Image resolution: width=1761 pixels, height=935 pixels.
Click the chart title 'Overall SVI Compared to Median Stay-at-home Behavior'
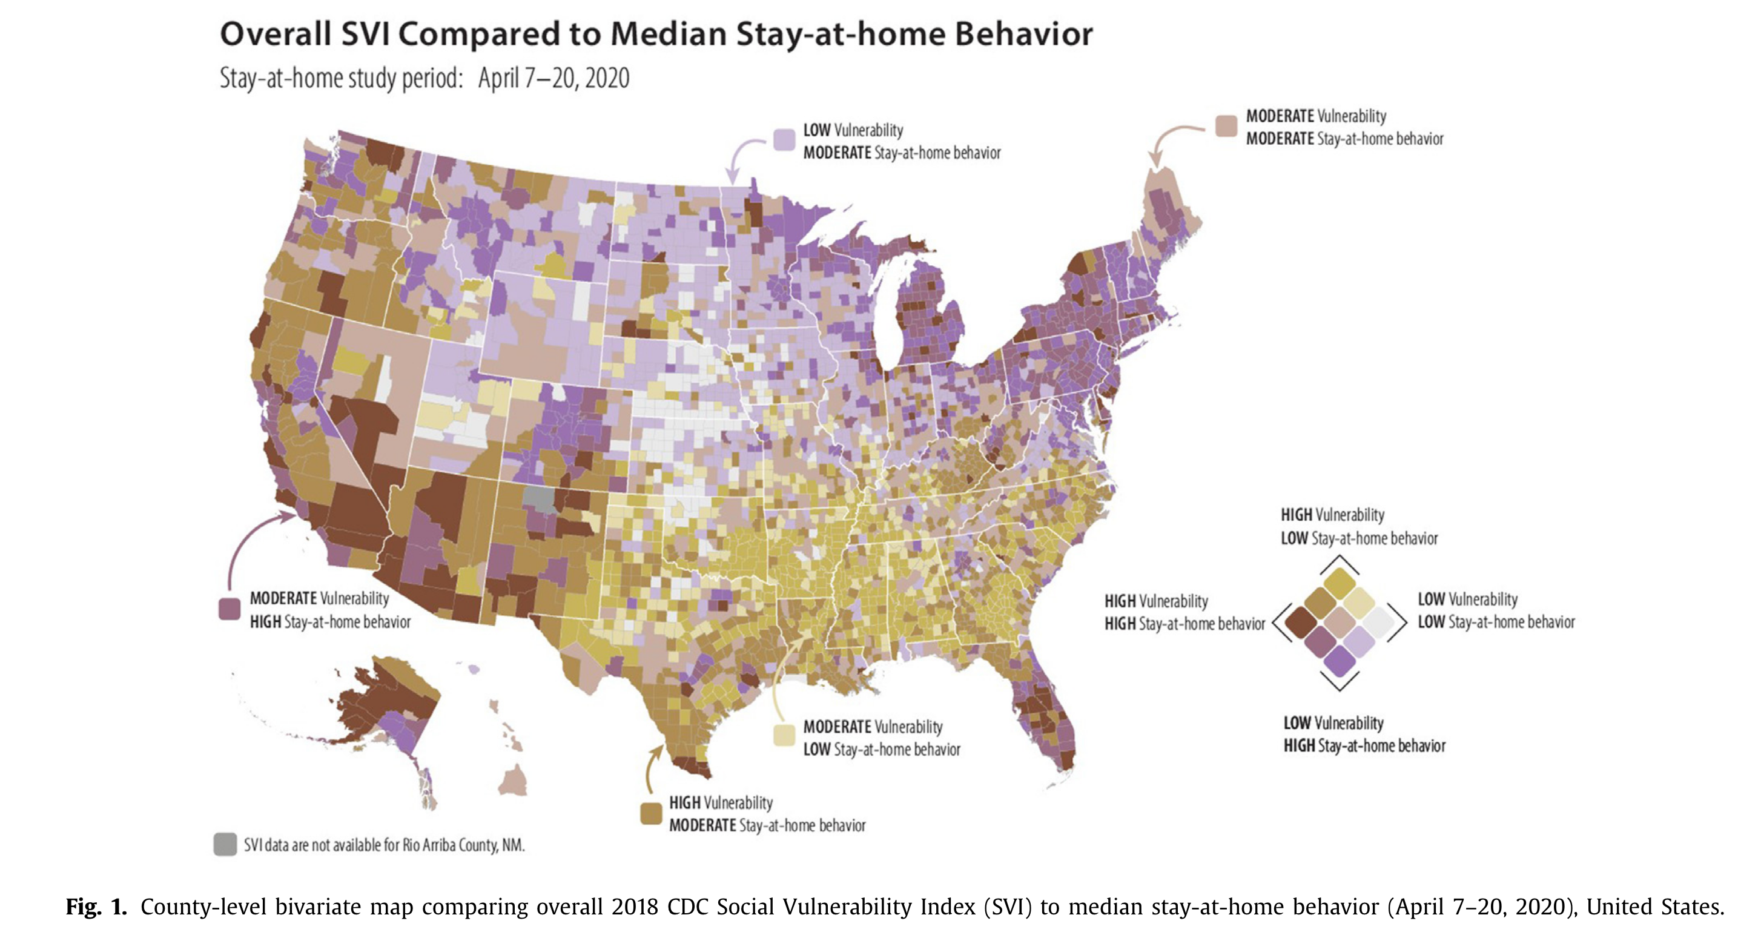click(656, 34)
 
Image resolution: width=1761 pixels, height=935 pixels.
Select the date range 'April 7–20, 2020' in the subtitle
click(553, 79)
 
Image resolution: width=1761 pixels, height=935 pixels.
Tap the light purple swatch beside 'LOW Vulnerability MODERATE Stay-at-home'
click(784, 139)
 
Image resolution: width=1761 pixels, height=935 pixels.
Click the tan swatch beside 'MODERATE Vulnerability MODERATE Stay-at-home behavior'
click(1226, 127)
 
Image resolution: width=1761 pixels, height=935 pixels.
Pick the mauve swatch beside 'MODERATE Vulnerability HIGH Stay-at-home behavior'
click(229, 609)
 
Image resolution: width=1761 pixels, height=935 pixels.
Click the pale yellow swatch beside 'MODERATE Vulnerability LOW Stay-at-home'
click(784, 735)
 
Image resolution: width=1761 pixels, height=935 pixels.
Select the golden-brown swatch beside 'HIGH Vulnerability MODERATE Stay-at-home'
click(651, 813)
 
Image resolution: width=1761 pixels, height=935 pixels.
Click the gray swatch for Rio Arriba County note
click(225, 845)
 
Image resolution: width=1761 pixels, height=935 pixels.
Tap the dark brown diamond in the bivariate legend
click(1300, 622)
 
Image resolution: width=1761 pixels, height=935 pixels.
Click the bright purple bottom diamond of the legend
click(1339, 660)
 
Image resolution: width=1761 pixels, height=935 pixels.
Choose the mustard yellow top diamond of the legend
click(1339, 583)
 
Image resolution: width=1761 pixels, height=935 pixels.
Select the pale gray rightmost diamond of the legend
click(1378, 622)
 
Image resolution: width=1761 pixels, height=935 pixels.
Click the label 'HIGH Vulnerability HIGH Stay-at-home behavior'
click(1184, 612)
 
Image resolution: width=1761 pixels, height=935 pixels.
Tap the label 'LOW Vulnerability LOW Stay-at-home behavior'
click(1496, 610)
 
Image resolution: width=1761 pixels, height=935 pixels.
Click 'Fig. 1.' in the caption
click(96, 907)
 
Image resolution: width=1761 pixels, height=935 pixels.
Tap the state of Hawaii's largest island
click(513, 780)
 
